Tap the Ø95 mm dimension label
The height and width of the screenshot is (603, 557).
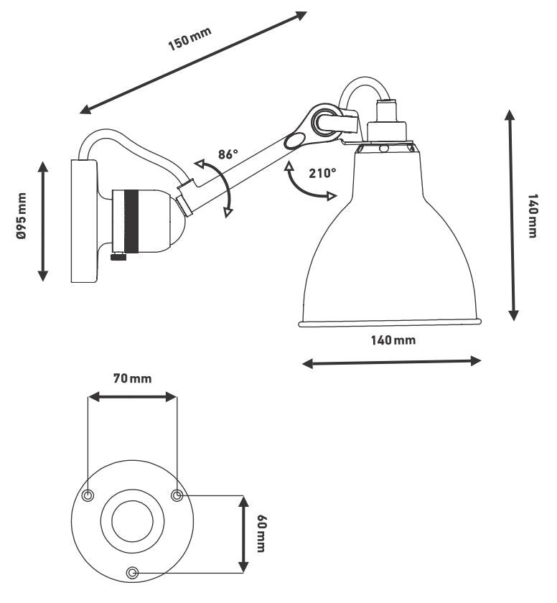point(22,216)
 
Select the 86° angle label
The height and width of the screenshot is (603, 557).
point(228,154)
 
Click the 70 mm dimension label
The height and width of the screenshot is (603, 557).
point(132,378)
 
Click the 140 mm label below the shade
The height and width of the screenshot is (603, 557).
point(393,340)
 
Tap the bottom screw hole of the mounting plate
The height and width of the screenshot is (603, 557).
point(132,572)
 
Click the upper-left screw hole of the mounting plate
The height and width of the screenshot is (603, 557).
point(88,496)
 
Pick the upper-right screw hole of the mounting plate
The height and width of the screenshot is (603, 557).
point(177,495)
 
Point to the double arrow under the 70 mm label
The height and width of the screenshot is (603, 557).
point(132,396)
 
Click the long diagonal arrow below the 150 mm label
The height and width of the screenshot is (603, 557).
point(194,62)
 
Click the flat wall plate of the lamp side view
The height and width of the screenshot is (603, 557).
point(83,220)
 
